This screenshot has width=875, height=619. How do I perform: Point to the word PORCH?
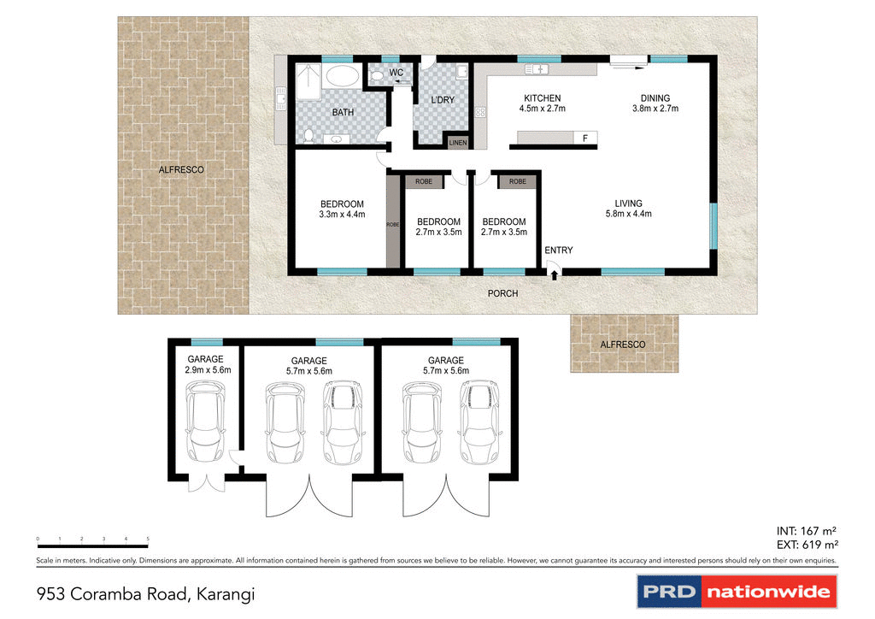502,293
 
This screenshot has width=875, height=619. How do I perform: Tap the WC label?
396,73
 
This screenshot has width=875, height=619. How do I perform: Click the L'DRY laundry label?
443,100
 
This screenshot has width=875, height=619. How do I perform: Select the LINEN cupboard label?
458,143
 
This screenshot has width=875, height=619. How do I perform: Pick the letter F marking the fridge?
585,139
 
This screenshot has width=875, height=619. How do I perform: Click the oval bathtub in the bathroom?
342,77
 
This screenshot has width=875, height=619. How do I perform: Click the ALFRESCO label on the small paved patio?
623,344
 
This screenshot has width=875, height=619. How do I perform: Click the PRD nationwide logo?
737,591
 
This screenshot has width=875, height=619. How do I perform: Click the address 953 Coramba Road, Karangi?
146,592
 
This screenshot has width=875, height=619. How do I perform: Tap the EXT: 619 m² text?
807,545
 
